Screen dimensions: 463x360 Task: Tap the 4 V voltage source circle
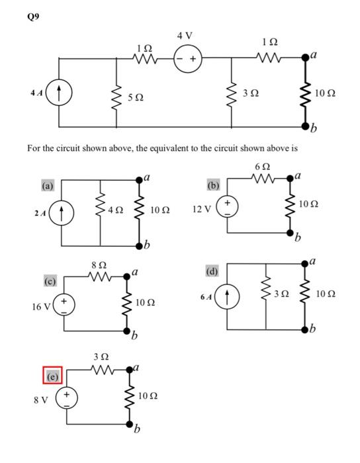pyautogui.click(x=185, y=58)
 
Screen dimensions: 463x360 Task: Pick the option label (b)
pyautogui.click(x=214, y=185)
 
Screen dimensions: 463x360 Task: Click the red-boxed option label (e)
pyautogui.click(x=52, y=376)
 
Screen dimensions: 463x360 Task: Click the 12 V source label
pyautogui.click(x=201, y=209)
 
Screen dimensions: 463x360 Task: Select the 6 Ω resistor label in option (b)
pyautogui.click(x=261, y=165)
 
